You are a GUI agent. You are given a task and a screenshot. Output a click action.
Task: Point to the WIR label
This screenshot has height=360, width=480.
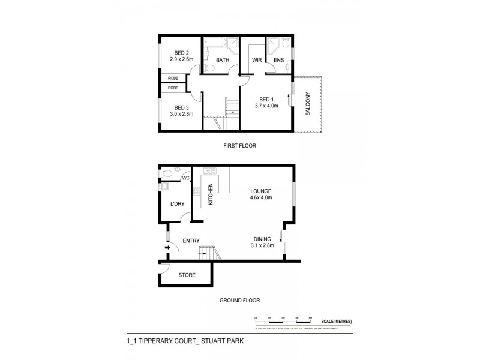point(257,60)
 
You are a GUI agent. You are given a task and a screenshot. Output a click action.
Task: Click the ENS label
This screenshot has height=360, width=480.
point(278,60)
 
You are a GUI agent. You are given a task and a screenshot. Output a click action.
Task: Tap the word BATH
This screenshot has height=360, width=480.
point(223,60)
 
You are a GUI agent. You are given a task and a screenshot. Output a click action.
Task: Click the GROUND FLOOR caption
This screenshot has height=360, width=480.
point(239,300)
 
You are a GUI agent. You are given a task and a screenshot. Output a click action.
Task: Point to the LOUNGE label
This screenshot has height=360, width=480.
point(261,191)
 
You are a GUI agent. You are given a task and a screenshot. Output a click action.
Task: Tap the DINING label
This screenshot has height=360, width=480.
point(262,238)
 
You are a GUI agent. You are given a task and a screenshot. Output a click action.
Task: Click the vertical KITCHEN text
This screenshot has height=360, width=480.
point(211,194)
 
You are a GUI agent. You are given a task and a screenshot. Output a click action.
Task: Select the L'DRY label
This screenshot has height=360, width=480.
point(177,204)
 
